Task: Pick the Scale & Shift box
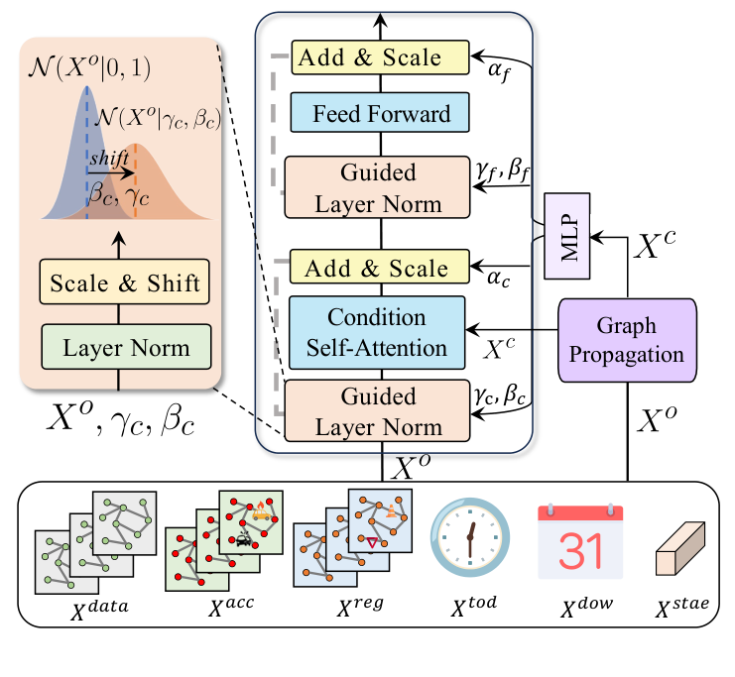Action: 126,284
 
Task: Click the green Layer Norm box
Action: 126,348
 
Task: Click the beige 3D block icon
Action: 677,552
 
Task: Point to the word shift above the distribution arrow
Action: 109,158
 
